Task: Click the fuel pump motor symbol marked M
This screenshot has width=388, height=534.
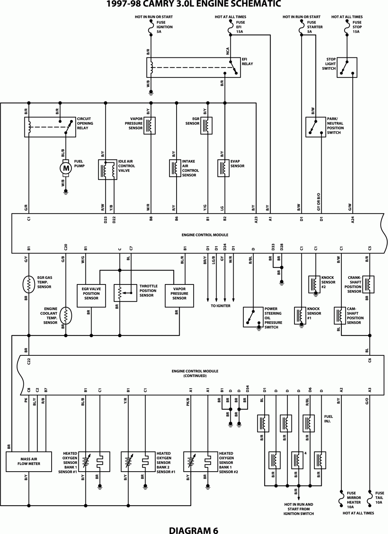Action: [x=66, y=168]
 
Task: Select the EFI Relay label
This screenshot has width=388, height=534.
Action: [x=247, y=61]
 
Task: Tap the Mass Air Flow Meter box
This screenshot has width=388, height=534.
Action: [x=29, y=462]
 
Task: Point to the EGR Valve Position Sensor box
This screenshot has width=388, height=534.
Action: [x=91, y=296]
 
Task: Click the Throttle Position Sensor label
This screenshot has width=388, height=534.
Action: [x=148, y=291]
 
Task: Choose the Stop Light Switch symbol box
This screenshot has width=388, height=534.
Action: [x=347, y=67]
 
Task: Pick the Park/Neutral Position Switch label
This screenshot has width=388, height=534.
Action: [x=335, y=126]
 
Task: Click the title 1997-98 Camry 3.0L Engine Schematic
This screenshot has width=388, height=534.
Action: [x=194, y=5]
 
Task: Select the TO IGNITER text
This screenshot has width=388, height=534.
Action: [x=220, y=306]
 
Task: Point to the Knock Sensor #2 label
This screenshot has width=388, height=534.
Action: [x=328, y=282]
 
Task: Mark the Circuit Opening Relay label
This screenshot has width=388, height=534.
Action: [x=85, y=123]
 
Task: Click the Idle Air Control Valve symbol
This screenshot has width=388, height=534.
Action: [x=107, y=170]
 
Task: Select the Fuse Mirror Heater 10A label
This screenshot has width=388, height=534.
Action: [x=354, y=500]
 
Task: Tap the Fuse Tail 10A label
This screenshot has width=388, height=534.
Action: [x=379, y=498]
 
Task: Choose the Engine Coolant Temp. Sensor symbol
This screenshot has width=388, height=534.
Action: [x=66, y=315]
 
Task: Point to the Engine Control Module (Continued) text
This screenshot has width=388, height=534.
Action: [x=195, y=373]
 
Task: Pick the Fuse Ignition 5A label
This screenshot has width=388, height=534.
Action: [x=165, y=27]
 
